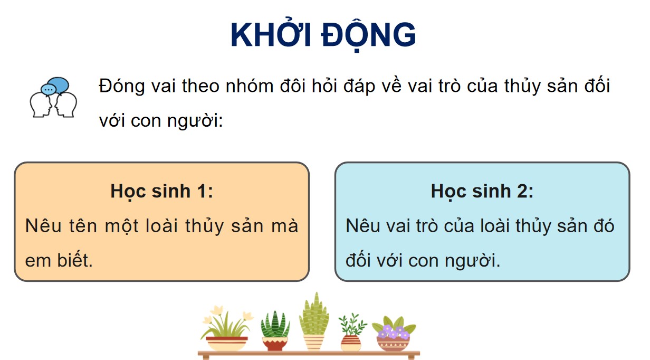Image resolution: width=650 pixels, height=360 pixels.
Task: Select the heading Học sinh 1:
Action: click(x=161, y=191)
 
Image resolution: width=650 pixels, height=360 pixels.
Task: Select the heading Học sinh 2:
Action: click(x=482, y=191)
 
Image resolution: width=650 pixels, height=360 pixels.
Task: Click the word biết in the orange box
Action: click(x=74, y=260)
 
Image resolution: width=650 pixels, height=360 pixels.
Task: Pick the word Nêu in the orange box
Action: click(x=44, y=226)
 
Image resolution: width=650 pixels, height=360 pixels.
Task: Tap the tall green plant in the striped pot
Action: click(x=314, y=322)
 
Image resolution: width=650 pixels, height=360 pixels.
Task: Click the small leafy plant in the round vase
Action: click(x=350, y=333)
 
